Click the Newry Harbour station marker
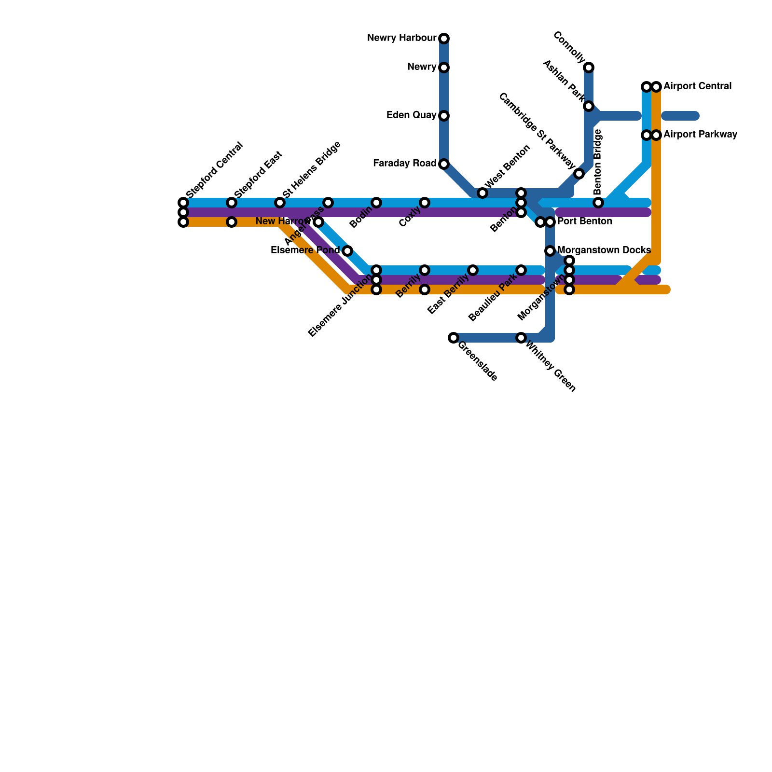pos(444,39)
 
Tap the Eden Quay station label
pos(411,116)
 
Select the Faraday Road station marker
pos(444,164)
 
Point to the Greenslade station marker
pos(454,338)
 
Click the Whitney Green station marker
pos(521,338)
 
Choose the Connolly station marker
pos(589,68)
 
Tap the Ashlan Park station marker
pos(589,106)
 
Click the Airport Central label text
pos(697,87)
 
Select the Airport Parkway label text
pos(700,135)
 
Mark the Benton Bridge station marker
pos(598,203)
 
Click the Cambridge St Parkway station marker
pos(579,174)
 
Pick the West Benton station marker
pos(482,193)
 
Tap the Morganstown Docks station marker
pos(550,251)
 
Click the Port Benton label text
pos(584,222)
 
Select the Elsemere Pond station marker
pos(347,251)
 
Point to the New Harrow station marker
pos(318,222)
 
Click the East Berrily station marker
pos(473,270)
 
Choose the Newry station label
pos(422,68)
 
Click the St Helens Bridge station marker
pos(280,203)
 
